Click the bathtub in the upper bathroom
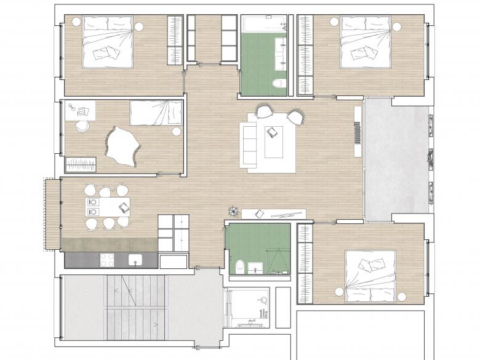pyautogui.click(x=265, y=24)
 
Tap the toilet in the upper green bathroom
pyautogui.click(x=278, y=84)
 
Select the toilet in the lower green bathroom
pyautogui.click(x=240, y=266)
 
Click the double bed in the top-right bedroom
pyautogui.click(x=366, y=42)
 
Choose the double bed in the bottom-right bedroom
pyautogui.click(x=369, y=276)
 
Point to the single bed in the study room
pyautogui.click(x=156, y=113)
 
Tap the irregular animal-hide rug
pyautogui.click(x=124, y=146)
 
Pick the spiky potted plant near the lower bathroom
pyautogui.click(x=234, y=210)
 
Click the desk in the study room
pyautogui.click(x=79, y=110)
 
